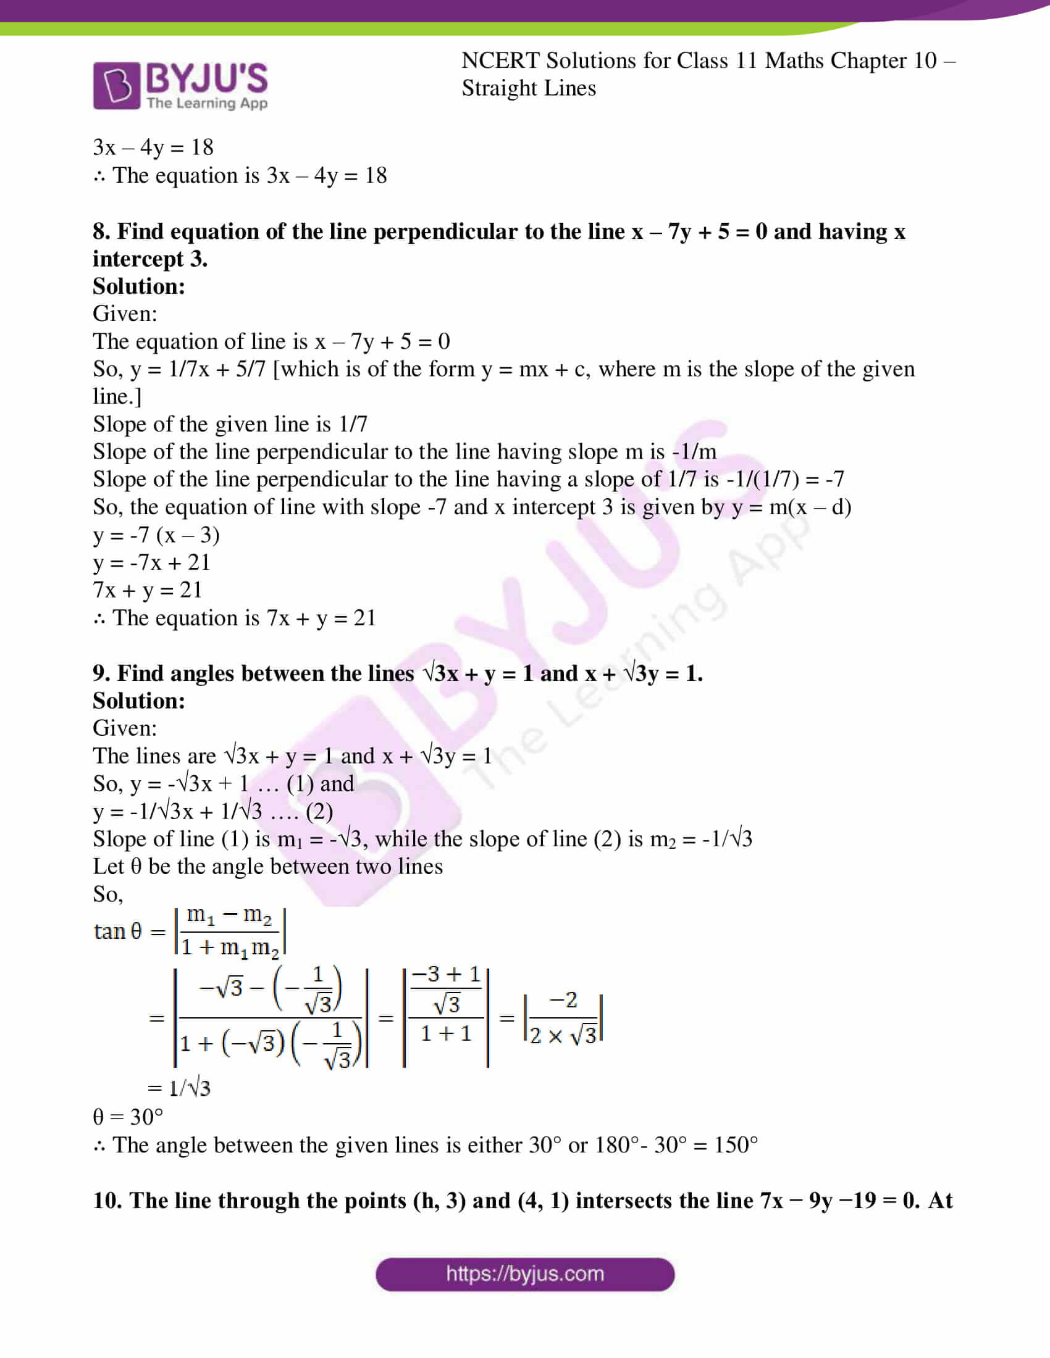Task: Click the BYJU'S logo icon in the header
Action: click(x=116, y=85)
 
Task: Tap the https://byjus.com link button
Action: click(x=524, y=1274)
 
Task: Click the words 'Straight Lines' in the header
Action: click(x=528, y=88)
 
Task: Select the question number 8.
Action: click(x=101, y=231)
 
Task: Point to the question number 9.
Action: click(x=101, y=673)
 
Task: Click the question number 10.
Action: click(x=107, y=1200)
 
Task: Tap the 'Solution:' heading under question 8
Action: click(x=139, y=286)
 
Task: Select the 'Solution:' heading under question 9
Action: click(x=139, y=701)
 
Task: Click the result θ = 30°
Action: click(x=127, y=1117)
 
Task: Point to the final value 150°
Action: click(x=736, y=1144)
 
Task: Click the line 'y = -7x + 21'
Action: click(x=151, y=562)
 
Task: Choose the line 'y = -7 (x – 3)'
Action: click(x=156, y=535)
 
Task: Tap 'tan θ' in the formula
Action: click(x=117, y=931)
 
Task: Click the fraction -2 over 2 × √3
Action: click(x=563, y=1018)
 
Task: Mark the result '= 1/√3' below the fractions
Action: click(x=179, y=1088)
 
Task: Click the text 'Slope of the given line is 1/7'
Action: click(x=230, y=424)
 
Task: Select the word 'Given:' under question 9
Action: click(x=124, y=728)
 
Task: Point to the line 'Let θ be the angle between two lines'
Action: click(x=267, y=866)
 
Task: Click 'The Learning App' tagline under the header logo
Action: click(x=206, y=103)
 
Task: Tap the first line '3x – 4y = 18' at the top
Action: click(x=153, y=148)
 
